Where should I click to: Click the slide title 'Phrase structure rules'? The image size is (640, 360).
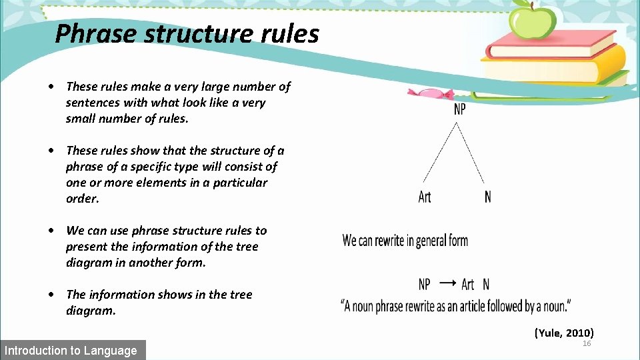pyautogui.click(x=187, y=33)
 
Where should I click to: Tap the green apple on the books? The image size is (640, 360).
pyautogui.click(x=532, y=22)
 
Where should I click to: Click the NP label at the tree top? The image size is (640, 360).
pyautogui.click(x=460, y=109)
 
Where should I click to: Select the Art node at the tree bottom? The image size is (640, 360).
pyautogui.click(x=425, y=197)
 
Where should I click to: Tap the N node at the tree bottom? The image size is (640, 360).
pyautogui.click(x=488, y=197)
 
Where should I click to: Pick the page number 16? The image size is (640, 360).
pyautogui.click(x=587, y=343)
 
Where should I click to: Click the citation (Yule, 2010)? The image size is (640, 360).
pyautogui.click(x=564, y=332)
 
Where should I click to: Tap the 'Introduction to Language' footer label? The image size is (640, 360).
pyautogui.click(x=71, y=350)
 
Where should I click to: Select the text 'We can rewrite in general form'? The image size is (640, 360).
pyautogui.click(x=405, y=240)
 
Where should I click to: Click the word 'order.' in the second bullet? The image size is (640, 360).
pyautogui.click(x=82, y=199)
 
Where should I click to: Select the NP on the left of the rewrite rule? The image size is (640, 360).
pyautogui.click(x=425, y=285)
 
